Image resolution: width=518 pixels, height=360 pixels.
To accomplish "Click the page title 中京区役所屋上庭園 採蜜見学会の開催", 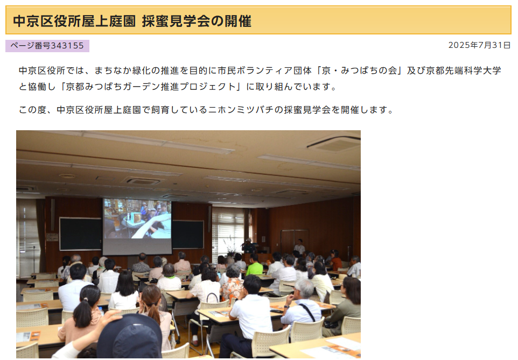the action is pyautogui.click(x=132, y=21).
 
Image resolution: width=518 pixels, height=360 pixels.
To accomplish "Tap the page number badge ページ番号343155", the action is pyautogui.click(x=47, y=46).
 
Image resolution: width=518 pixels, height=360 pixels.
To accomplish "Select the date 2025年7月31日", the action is pyautogui.click(x=479, y=45).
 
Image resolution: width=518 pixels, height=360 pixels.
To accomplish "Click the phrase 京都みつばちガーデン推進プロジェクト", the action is pyautogui.click(x=151, y=87).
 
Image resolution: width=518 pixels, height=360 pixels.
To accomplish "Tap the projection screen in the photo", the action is pyautogui.click(x=137, y=226).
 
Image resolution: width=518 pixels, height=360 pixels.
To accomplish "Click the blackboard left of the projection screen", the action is pyautogui.click(x=81, y=234).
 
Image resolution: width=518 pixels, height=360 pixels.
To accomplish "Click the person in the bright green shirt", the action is pyautogui.click(x=254, y=266).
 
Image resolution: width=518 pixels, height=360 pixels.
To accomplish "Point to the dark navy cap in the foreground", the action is pyautogui.click(x=129, y=336).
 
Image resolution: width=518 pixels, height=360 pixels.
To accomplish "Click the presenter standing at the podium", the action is pyautogui.click(x=248, y=246).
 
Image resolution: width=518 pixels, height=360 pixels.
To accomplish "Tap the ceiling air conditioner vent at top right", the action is pyautogui.click(x=334, y=144).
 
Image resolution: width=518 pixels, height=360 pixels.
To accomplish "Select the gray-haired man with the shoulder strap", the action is pyautogui.click(x=302, y=306).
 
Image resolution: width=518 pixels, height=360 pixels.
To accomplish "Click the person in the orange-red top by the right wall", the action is pyautogui.click(x=335, y=261).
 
